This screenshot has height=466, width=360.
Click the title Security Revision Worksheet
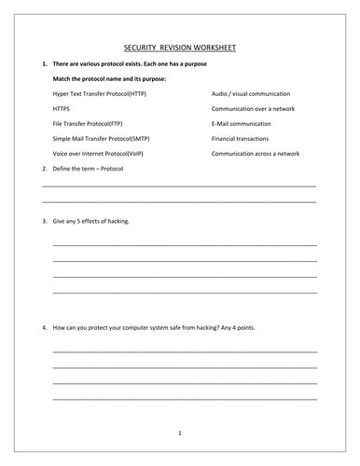click(180, 46)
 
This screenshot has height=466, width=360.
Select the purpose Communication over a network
click(256, 109)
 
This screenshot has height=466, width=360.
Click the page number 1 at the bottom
click(180, 432)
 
